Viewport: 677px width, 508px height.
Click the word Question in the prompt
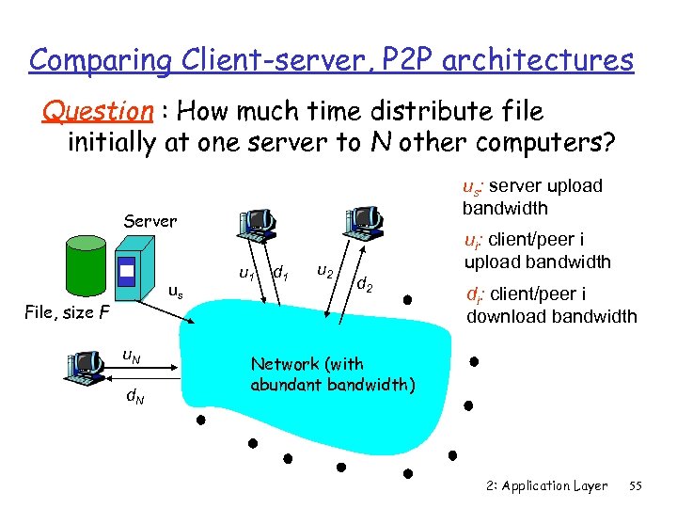coord(97,111)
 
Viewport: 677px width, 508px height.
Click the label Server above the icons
coord(150,221)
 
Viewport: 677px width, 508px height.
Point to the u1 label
coord(246,275)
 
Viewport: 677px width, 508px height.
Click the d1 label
coord(279,274)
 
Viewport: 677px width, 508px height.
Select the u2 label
coord(324,271)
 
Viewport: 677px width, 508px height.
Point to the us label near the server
coord(175,293)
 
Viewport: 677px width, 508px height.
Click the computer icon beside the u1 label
coord(256,222)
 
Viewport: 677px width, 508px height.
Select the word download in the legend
coord(513,316)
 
